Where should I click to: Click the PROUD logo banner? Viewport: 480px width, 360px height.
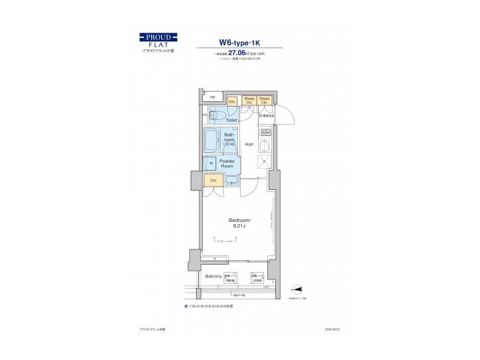[158, 37]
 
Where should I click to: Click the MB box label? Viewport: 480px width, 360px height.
[213, 97]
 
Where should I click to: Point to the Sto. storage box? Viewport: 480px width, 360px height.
[232, 101]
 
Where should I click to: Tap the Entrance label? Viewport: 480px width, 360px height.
[267, 116]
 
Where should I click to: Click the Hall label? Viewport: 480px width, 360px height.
[249, 144]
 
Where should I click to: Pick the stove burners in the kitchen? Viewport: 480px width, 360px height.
[265, 133]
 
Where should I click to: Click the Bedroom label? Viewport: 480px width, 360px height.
[239, 220]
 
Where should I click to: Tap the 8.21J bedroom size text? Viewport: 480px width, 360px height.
[239, 227]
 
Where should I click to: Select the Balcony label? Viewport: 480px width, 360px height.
[213, 275]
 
